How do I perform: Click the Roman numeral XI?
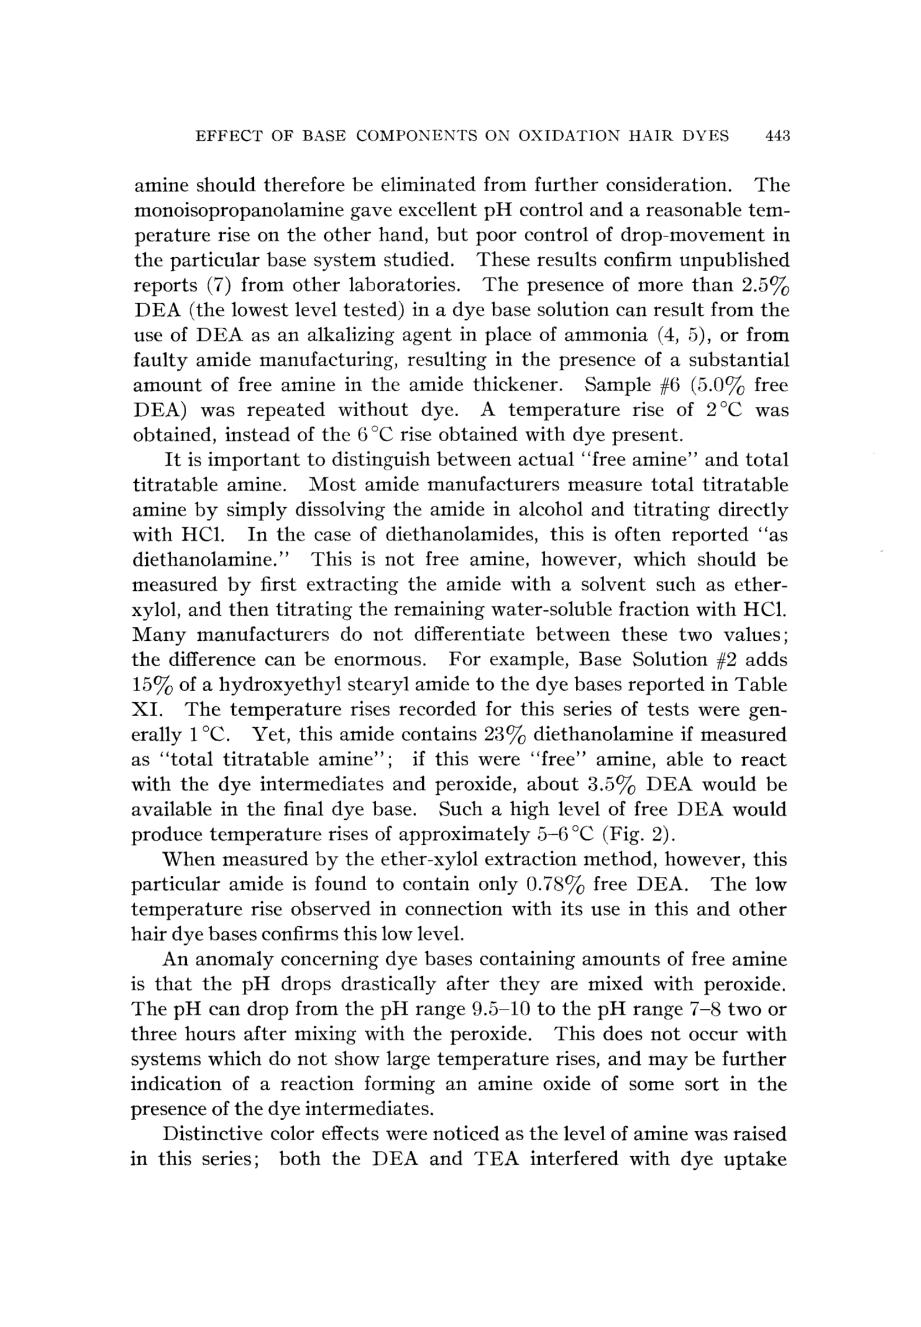[144, 710]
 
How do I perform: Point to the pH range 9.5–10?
[505, 1009]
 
